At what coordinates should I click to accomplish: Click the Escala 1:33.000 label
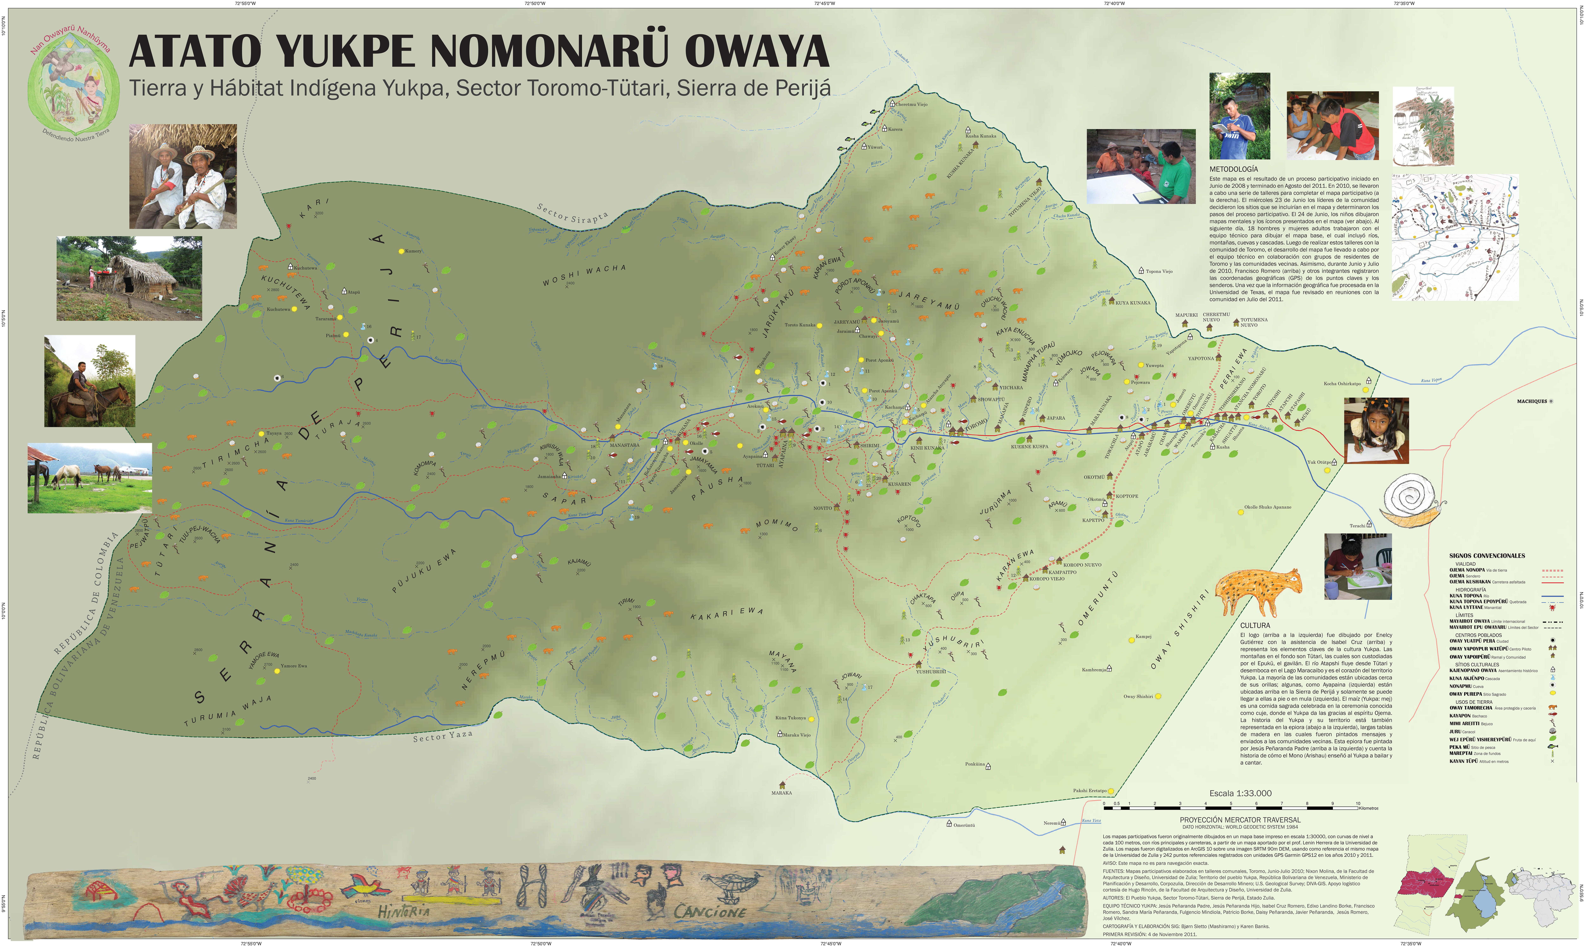click(x=1240, y=793)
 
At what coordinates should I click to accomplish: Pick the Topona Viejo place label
click(x=1159, y=271)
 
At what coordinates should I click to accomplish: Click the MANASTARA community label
click(x=624, y=445)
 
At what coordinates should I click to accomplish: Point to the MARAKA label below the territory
click(x=781, y=793)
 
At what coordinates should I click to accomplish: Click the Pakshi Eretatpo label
click(x=1089, y=791)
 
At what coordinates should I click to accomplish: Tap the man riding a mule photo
click(x=89, y=381)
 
